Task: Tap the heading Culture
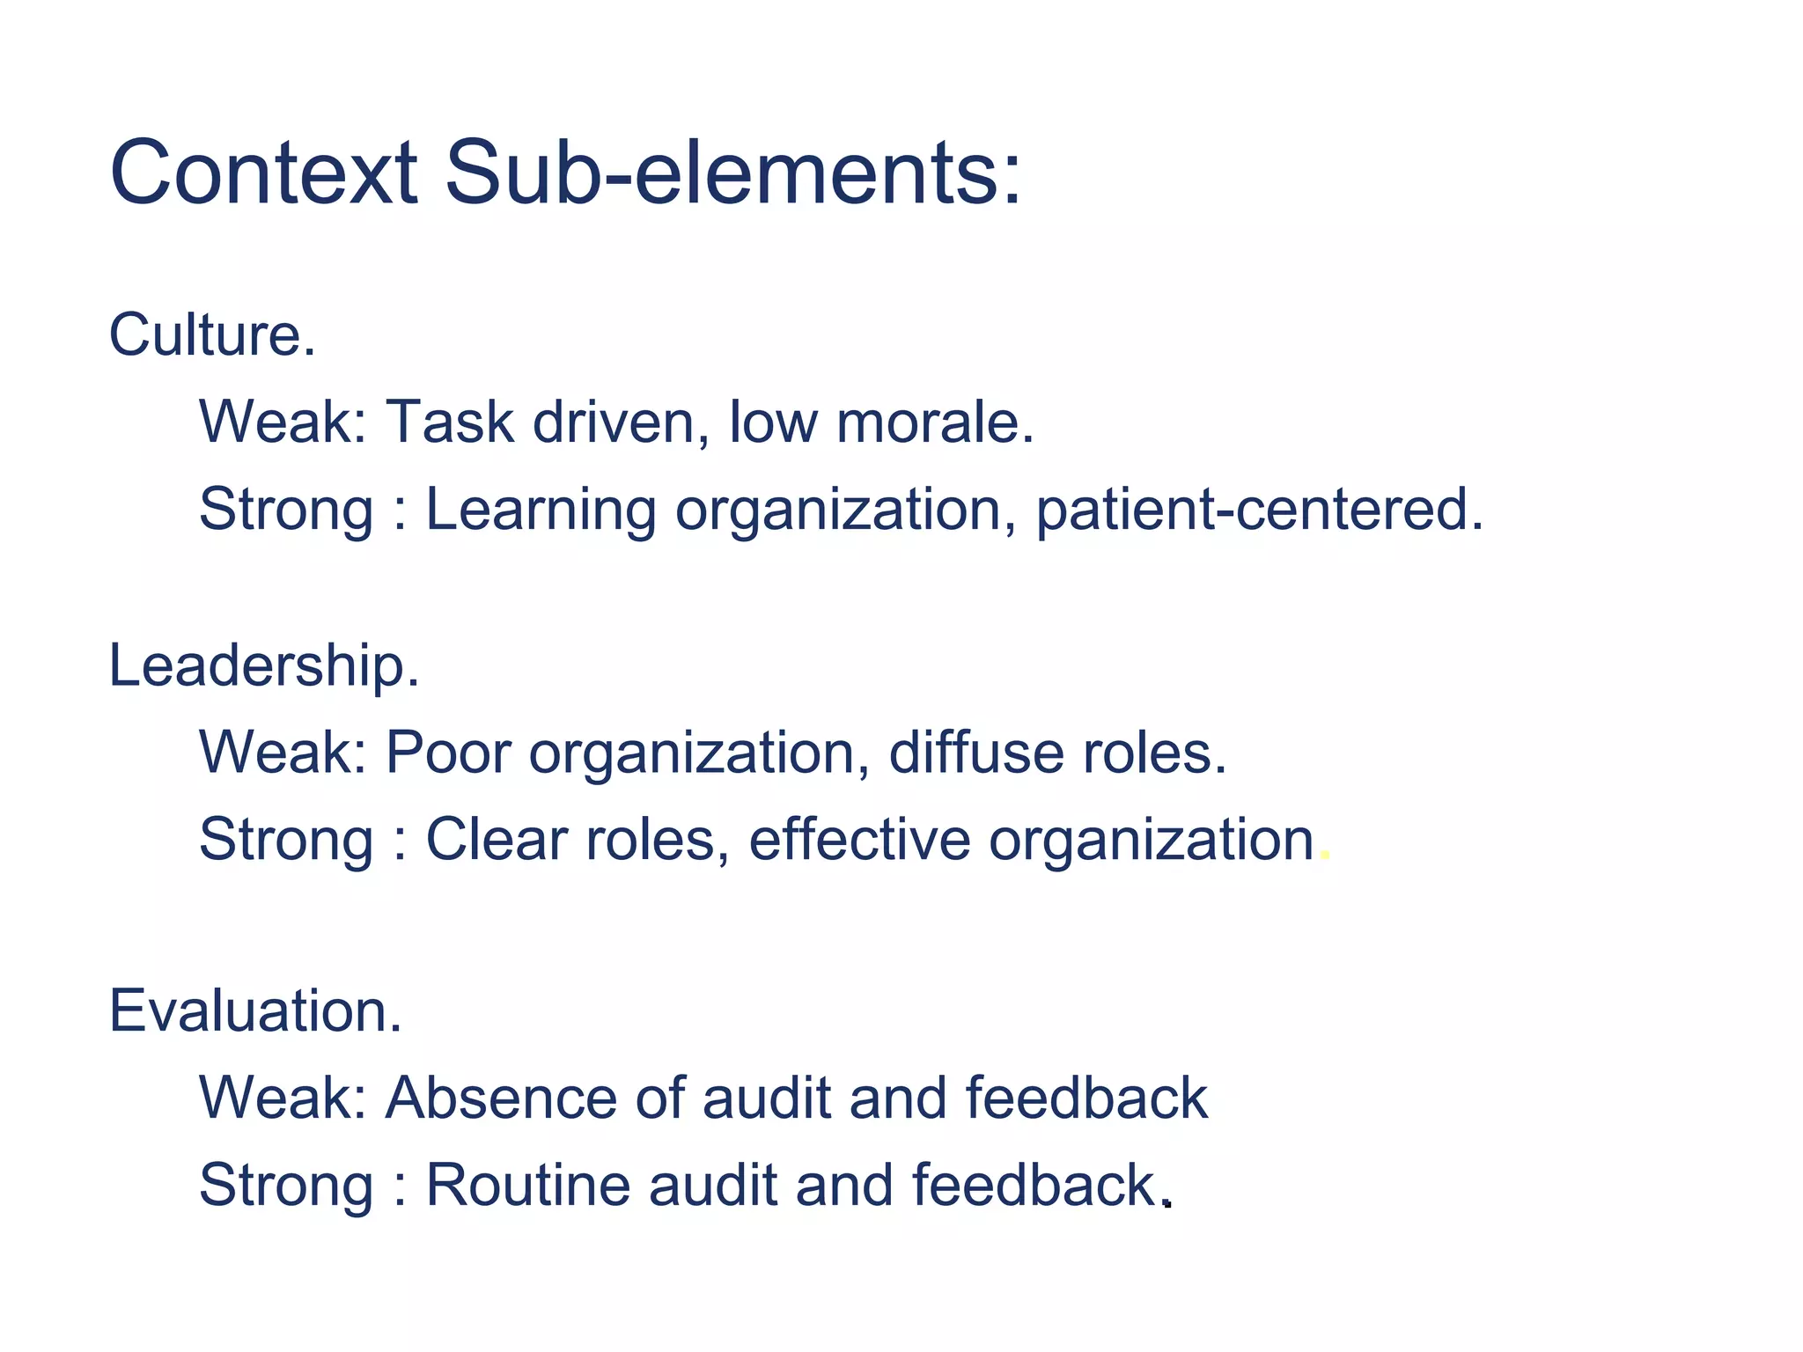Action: (x=211, y=335)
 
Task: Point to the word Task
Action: (x=449, y=422)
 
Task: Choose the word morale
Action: (x=933, y=422)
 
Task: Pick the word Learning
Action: (x=541, y=511)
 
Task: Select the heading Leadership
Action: (x=263, y=666)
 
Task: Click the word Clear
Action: (x=497, y=840)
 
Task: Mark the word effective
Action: (x=859, y=840)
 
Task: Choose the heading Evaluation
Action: (x=254, y=1011)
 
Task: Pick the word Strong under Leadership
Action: (x=286, y=841)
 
